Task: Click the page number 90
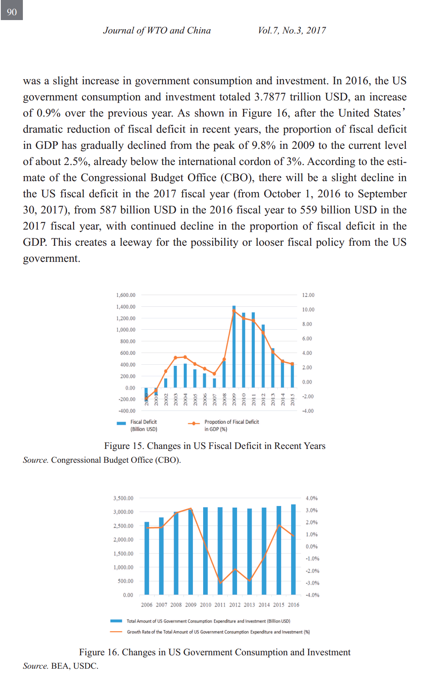click(12, 12)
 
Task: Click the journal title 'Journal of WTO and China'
click(157, 30)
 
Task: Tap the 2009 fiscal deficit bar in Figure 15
click(234, 347)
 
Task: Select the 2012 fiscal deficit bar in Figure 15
click(263, 356)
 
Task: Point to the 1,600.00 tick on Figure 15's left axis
click(125, 295)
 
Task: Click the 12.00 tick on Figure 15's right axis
click(308, 295)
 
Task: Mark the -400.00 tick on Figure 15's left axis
click(127, 411)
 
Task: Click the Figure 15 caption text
click(215, 446)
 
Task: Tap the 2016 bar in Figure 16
click(293, 549)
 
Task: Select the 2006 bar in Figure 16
click(147, 558)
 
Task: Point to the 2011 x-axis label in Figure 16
click(220, 605)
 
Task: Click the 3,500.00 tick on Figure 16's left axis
click(123, 498)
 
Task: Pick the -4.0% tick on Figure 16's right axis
click(312, 595)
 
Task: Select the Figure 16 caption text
click(215, 652)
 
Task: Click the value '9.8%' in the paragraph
click(263, 145)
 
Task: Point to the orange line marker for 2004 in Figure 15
click(185, 357)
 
